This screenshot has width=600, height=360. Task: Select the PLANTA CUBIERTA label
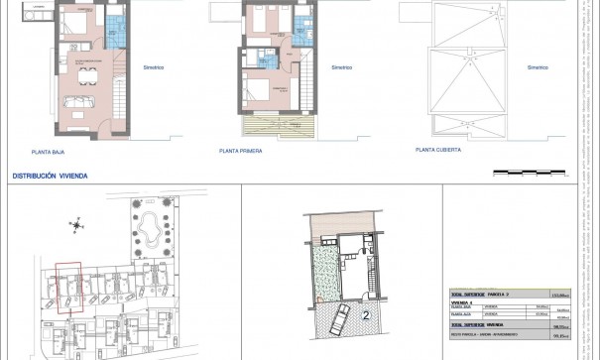point(438,152)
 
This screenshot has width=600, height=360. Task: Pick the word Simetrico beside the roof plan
point(538,67)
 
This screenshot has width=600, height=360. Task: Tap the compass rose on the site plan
point(75,225)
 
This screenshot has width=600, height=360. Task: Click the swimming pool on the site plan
point(151,231)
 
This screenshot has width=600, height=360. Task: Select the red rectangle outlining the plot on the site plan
point(67,288)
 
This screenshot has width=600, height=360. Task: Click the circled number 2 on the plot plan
point(366,315)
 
